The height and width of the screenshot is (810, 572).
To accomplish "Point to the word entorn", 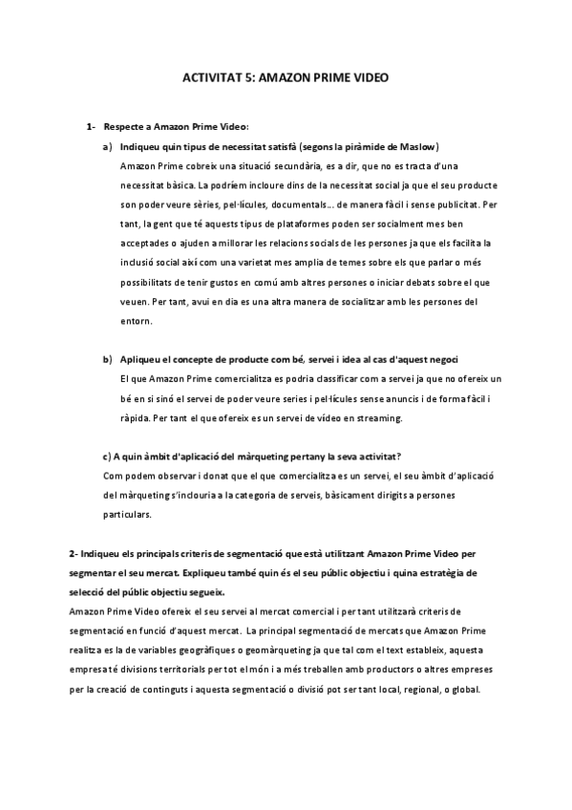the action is (137, 321).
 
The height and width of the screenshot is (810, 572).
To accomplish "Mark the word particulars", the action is (126, 514).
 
